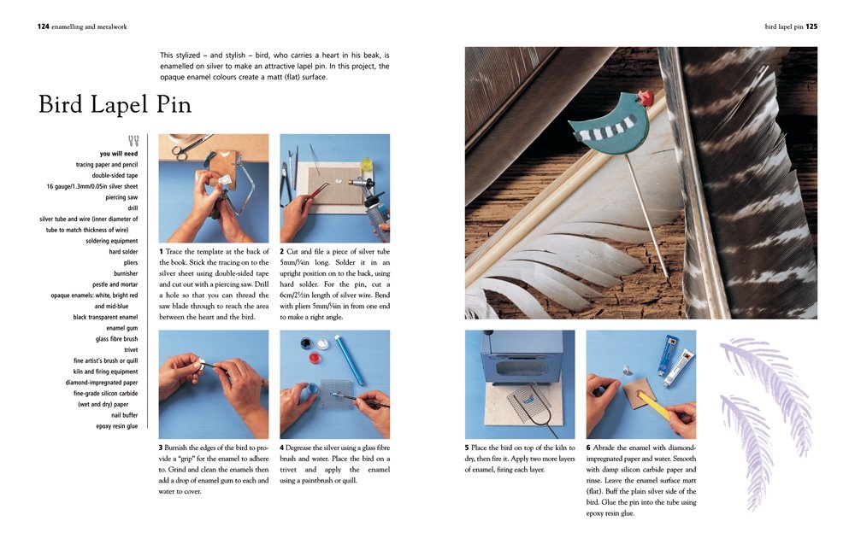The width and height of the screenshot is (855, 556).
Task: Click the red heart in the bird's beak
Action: tap(646, 97)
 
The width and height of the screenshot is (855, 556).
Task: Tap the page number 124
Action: tap(43, 26)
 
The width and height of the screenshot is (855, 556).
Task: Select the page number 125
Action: tap(811, 26)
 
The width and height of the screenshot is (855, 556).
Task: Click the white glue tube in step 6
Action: tap(681, 362)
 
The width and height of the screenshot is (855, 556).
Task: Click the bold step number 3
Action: tap(161, 448)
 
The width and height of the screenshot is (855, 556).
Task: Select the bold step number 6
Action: tap(588, 448)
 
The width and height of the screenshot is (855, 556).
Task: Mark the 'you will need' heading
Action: tap(119, 154)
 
